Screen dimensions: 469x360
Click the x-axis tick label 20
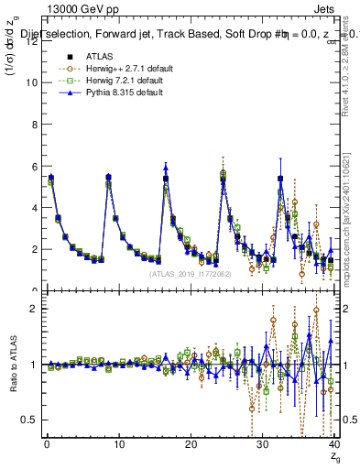point(191,444)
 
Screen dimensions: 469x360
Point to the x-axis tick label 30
point(263,444)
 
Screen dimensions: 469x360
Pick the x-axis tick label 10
point(118,444)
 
